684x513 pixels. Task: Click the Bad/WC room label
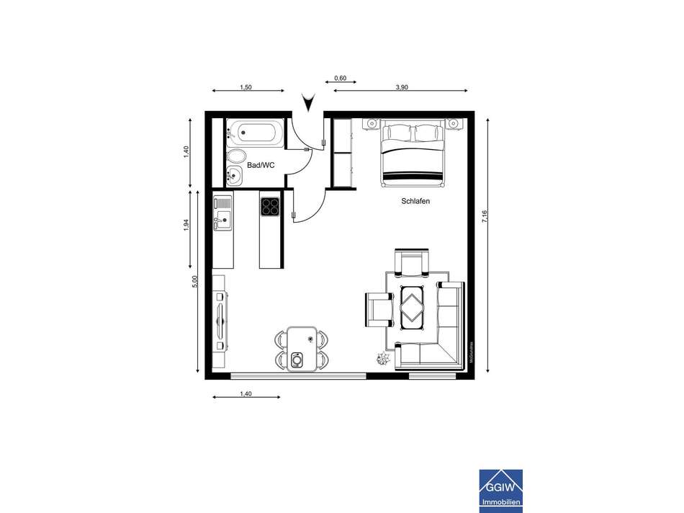(x=261, y=165)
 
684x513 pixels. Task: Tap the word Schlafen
(x=415, y=202)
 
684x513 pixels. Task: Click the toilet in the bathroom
(x=235, y=157)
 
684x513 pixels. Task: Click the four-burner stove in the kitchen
(x=270, y=207)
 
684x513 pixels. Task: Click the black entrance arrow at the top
(x=309, y=103)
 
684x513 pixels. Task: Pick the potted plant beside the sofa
(x=382, y=357)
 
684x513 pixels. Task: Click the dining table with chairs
(x=302, y=349)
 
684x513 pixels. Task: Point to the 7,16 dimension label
(x=485, y=216)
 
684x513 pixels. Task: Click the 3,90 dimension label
(x=402, y=86)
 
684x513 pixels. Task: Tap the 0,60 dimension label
(x=341, y=79)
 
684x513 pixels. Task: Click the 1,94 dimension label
(x=186, y=225)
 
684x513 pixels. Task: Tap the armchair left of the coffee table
(x=379, y=309)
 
